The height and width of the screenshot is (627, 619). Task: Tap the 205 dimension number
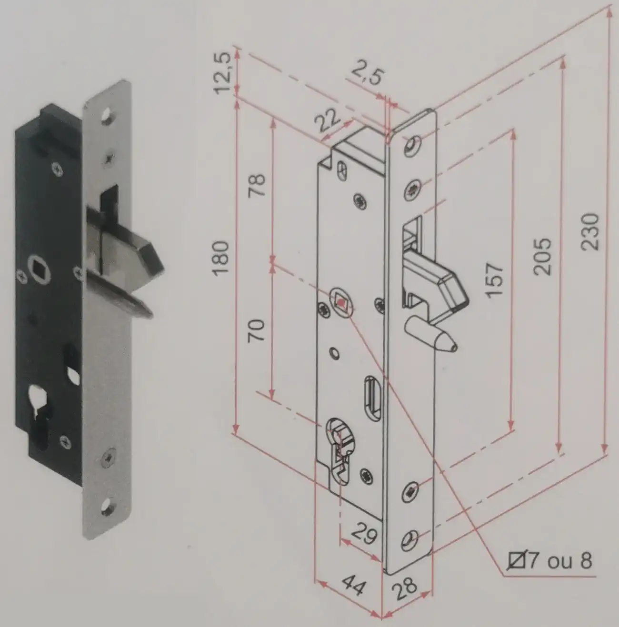[x=542, y=257]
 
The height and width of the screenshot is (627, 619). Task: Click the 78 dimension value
[x=257, y=186]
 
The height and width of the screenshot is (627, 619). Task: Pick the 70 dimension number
[x=257, y=330]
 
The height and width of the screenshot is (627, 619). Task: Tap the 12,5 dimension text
[x=223, y=73]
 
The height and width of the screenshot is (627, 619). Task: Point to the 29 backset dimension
[x=365, y=534]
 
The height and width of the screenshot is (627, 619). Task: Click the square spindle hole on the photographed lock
[x=39, y=269]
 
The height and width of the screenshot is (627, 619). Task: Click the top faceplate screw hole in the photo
[x=107, y=116]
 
